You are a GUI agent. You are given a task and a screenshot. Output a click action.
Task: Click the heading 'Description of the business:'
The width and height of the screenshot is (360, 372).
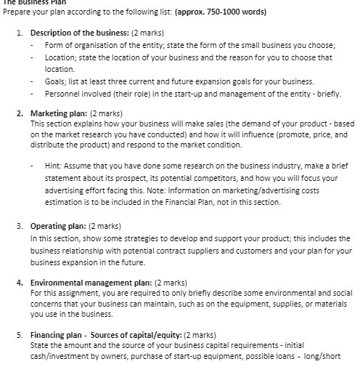point(78,33)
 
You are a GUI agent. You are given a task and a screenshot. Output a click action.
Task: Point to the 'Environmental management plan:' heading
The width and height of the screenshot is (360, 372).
point(91,281)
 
